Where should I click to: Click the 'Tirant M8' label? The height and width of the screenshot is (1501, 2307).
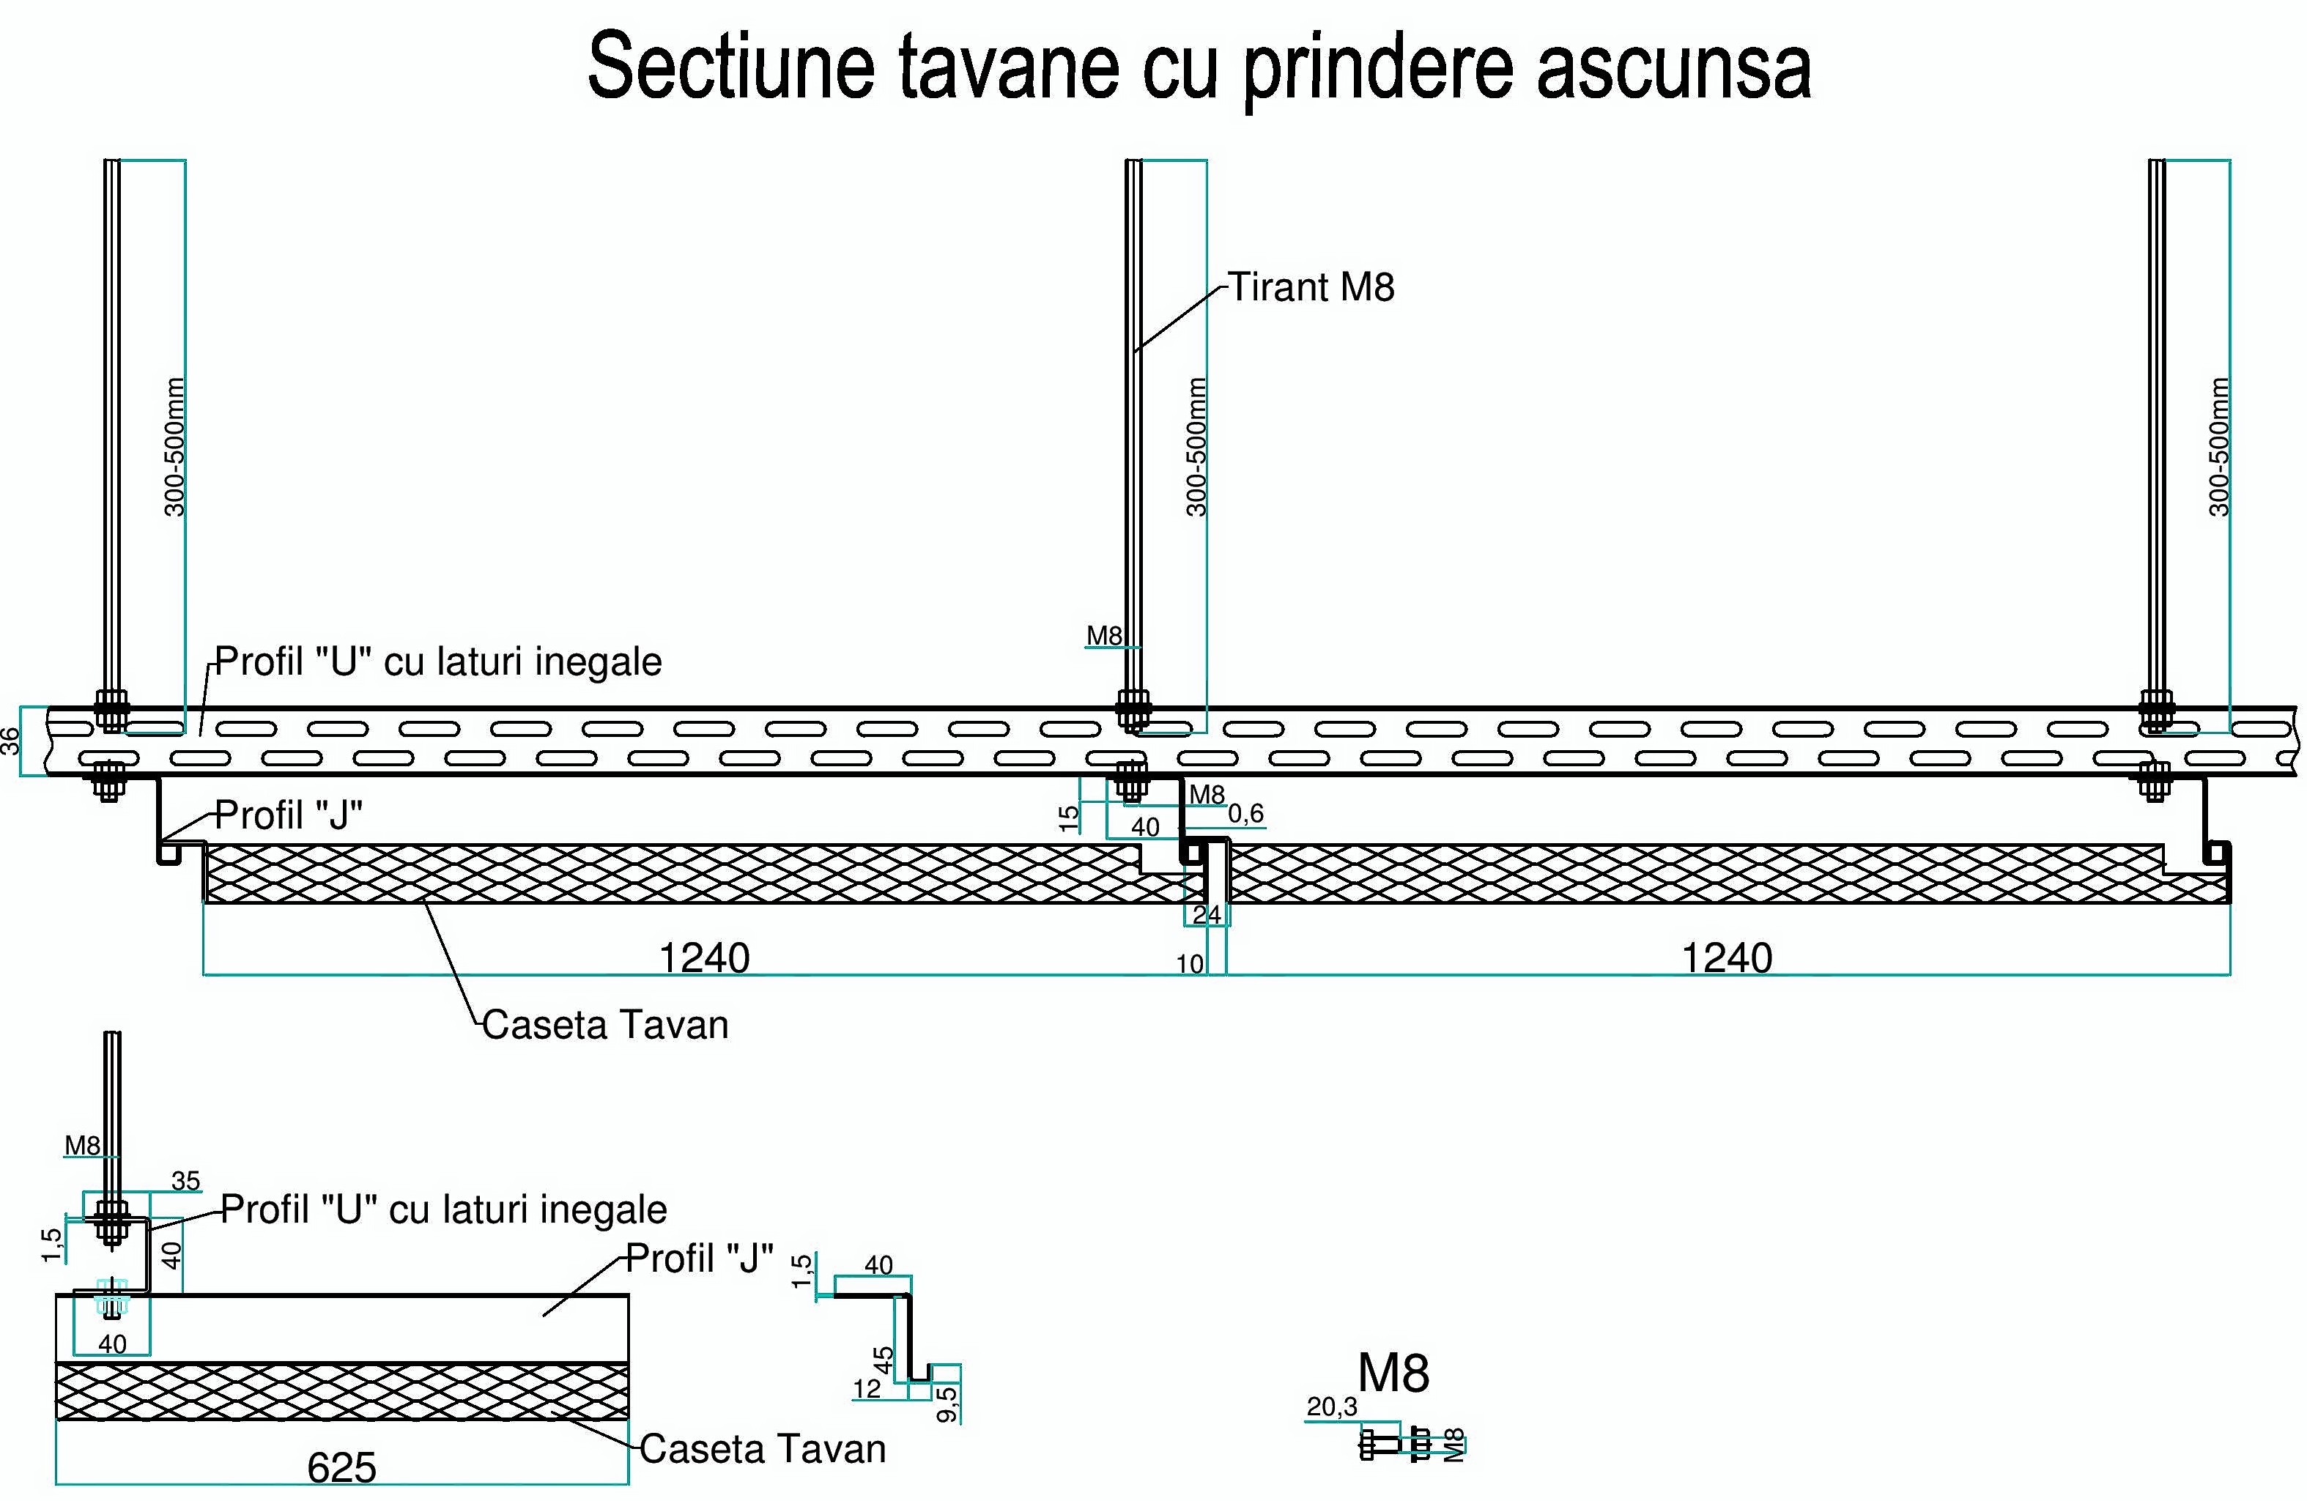[x=1311, y=288]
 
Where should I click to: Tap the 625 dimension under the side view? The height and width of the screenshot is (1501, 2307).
[x=341, y=1468]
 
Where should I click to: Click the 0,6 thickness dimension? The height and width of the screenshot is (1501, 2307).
[x=1245, y=813]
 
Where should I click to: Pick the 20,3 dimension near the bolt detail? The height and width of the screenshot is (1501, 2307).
[x=1332, y=1406]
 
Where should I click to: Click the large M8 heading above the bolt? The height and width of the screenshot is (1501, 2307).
[x=1393, y=1372]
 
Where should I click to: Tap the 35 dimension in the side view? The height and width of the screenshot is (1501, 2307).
[x=185, y=1180]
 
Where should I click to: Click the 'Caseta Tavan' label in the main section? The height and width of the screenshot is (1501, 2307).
[x=605, y=1024]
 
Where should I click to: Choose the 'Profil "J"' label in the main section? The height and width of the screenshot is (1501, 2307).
[x=288, y=815]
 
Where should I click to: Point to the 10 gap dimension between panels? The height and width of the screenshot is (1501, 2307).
[x=1189, y=964]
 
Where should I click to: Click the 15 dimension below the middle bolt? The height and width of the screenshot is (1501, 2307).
[x=1068, y=819]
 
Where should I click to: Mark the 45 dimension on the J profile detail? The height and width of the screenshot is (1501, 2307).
[x=883, y=1360]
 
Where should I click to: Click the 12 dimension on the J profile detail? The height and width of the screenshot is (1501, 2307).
[x=867, y=1389]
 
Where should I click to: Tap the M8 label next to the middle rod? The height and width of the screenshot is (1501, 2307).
[x=1104, y=636]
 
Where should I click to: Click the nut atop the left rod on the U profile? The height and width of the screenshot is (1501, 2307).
[x=111, y=703]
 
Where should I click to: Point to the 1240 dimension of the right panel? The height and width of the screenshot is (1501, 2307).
[x=1726, y=957]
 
